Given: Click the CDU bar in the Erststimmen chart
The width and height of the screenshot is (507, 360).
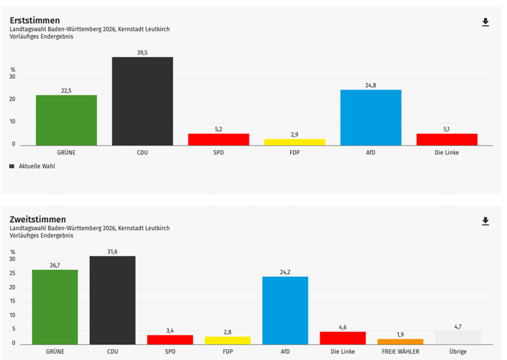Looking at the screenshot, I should coord(142,101).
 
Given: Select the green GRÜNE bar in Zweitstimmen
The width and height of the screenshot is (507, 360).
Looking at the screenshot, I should coord(54,307).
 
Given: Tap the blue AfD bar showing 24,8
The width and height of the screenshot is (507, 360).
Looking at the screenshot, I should coord(370,117).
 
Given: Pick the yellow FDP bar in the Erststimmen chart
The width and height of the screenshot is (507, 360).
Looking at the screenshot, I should coord(295,142).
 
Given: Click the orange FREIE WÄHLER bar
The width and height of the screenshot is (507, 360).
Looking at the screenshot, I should coord(400,341).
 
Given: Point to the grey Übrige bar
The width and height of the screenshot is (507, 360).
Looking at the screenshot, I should coord(458,337).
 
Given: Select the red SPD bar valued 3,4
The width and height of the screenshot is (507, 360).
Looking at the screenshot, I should coord(170,339).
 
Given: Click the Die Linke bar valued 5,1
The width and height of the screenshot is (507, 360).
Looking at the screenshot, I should coord(447,139).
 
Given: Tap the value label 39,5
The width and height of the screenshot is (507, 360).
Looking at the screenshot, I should coord(142,52).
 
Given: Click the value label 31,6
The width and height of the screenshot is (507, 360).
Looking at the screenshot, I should coord(112,252).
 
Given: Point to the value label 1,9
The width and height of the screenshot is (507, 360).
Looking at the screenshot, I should coord(400,334).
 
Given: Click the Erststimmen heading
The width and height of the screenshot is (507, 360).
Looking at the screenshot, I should coord(35,20).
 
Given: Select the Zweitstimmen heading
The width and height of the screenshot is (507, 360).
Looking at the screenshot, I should coord(38,219).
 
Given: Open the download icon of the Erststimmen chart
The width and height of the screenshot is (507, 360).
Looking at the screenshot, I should coord(485,22).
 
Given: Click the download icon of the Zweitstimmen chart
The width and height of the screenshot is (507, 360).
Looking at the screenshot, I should coord(485,221).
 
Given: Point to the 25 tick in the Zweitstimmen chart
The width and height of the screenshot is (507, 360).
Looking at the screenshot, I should coord(13,273).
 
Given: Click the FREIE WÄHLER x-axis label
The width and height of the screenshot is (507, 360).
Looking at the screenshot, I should coord(400,351).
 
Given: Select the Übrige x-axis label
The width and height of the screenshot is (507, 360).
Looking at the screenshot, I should coord(458,351).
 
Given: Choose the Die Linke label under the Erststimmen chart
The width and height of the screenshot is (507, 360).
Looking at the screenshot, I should coord(447,153).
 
